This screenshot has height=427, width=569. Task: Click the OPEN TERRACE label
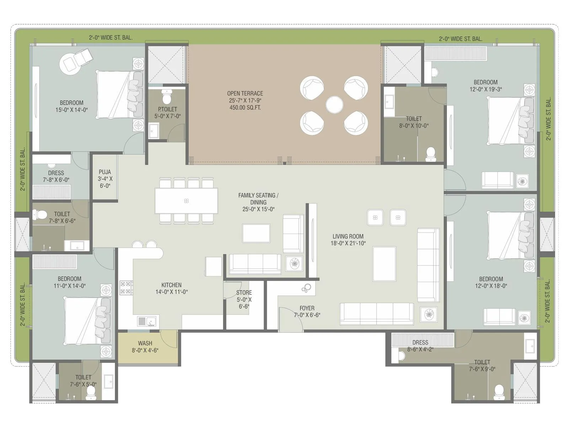(x=245, y=93)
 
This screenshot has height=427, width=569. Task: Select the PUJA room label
(x=105, y=172)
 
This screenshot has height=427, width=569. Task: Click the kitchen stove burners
(x=126, y=288)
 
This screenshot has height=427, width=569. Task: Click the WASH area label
(x=145, y=343)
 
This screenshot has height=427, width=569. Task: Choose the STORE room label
(x=244, y=292)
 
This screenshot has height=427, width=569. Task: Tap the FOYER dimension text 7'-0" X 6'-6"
(x=307, y=315)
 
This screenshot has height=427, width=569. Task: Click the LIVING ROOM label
(x=348, y=236)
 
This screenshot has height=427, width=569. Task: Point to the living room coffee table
(x=384, y=264)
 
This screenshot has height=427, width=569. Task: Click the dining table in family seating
(x=186, y=201)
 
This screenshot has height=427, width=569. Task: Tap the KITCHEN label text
(x=171, y=285)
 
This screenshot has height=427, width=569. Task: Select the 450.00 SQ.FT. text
(x=245, y=107)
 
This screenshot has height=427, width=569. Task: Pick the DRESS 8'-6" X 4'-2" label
(x=420, y=342)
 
